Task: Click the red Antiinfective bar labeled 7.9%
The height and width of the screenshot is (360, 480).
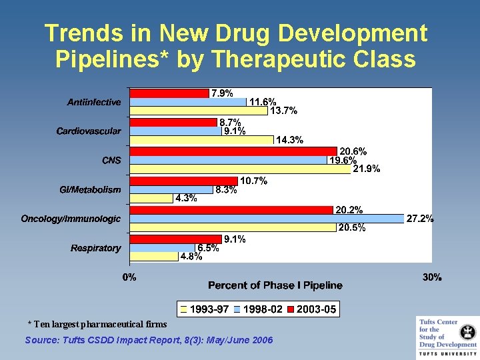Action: pyautogui.click(x=169, y=93)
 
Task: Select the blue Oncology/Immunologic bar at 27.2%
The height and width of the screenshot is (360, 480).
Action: pyautogui.click(x=267, y=219)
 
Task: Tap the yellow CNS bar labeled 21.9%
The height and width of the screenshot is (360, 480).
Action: pyautogui.click(x=240, y=169)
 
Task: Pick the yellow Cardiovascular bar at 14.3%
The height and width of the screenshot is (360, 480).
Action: pyautogui.click(x=201, y=140)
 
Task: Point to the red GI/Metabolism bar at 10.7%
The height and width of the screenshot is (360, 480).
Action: pyautogui.click(x=184, y=181)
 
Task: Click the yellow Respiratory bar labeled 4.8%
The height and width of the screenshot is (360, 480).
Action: pyautogui.click(x=154, y=257)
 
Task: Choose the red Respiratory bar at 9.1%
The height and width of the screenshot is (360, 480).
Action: pyautogui.click(x=176, y=239)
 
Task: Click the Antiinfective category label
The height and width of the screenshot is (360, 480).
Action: pyautogui.click(x=94, y=102)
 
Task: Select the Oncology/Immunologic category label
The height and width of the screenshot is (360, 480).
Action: pyautogui.click(x=71, y=219)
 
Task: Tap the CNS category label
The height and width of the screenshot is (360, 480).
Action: pyautogui.click(x=111, y=160)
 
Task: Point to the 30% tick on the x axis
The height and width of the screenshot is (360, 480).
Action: pyautogui.click(x=432, y=277)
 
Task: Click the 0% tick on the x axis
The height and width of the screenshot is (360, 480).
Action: pyautogui.click(x=129, y=277)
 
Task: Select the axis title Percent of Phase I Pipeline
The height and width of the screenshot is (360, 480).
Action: pyautogui.click(x=275, y=285)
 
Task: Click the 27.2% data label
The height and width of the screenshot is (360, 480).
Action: pyautogui.click(x=420, y=218)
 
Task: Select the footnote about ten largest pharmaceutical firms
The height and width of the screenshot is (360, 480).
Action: pyautogui.click(x=97, y=324)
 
